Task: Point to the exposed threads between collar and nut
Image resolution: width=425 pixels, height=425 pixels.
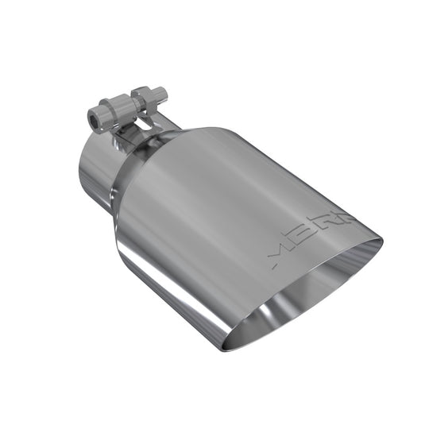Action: (129, 106)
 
